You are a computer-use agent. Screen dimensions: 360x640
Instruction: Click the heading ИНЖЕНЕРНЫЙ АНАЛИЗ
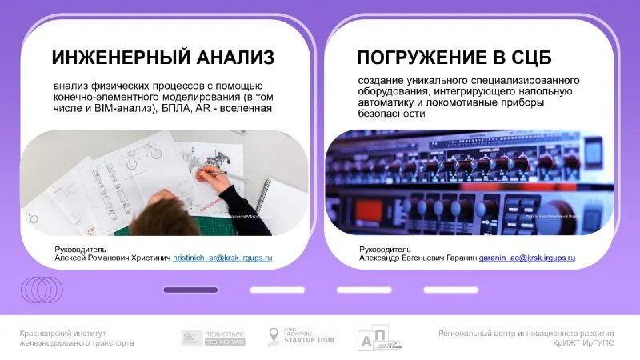(x=163, y=58)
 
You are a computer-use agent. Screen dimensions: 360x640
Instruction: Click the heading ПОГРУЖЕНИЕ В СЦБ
(x=454, y=58)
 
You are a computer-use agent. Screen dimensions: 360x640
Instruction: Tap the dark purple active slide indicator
(x=190, y=290)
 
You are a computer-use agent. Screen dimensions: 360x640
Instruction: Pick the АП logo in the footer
(x=380, y=338)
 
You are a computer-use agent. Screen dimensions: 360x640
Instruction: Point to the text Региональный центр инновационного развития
(x=526, y=333)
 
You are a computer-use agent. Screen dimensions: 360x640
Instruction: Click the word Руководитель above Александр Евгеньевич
(x=385, y=249)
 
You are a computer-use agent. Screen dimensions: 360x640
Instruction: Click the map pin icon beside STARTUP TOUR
(x=274, y=336)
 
